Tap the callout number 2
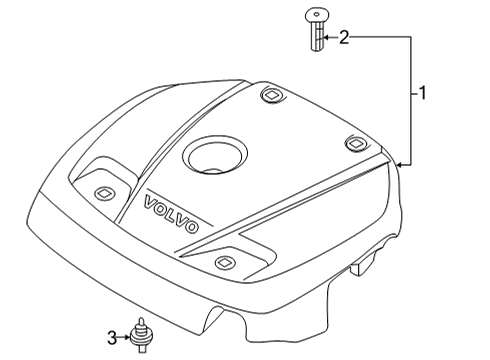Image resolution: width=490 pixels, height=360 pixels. coord(344,38)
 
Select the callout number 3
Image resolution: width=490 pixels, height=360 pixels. coord(113,335)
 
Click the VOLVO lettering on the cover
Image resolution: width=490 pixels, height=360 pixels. coord(172,213)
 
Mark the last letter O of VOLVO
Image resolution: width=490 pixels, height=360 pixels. coord(191,227)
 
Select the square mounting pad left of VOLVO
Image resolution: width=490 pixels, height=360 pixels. coord(101,192)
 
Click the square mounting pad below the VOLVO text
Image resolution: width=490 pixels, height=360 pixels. coord(223,264)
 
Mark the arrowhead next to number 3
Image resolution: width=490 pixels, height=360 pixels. coord(125,335)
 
